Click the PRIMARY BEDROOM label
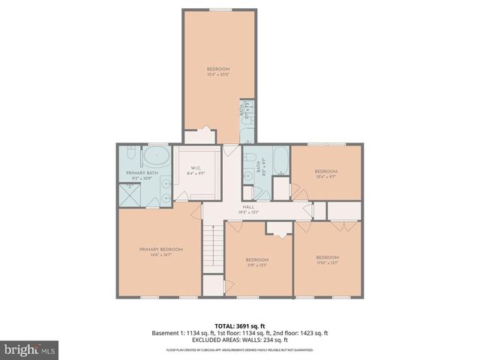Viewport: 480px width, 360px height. coord(160,249)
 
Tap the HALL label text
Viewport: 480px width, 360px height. coord(248,207)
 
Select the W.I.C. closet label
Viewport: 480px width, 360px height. coord(194,168)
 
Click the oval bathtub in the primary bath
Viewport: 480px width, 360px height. coord(155,158)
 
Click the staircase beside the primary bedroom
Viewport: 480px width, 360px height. coord(214,248)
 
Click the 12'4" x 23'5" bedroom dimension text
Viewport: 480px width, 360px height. coord(218,74)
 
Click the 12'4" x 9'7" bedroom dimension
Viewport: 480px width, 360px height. coord(325,177)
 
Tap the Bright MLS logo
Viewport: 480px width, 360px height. coord(28,349)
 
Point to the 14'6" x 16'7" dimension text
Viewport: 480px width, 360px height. coord(160,255)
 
